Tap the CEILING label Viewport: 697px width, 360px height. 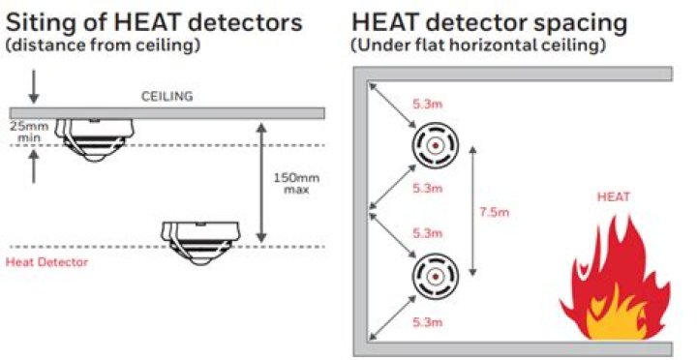coord(167,96)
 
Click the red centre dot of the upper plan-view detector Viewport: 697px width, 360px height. coord(436,146)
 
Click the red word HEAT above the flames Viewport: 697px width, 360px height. coord(615,197)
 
